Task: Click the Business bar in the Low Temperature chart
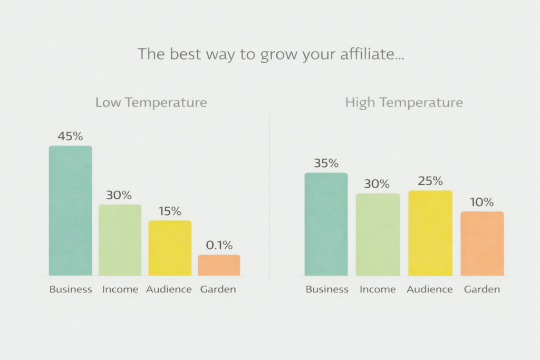pyautogui.click(x=71, y=211)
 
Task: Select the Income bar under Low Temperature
pyautogui.click(x=120, y=240)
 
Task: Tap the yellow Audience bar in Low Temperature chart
pyautogui.click(x=170, y=248)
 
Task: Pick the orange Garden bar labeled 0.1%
pyautogui.click(x=219, y=265)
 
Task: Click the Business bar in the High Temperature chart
pyautogui.click(x=326, y=224)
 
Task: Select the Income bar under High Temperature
pyautogui.click(x=378, y=235)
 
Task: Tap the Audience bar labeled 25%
pyautogui.click(x=430, y=233)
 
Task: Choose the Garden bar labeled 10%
pyautogui.click(x=482, y=244)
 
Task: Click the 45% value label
pyautogui.click(x=70, y=137)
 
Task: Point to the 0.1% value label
pyautogui.click(x=219, y=245)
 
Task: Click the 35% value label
pyautogui.click(x=326, y=163)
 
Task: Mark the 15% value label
pyautogui.click(x=170, y=211)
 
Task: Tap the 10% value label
pyautogui.click(x=482, y=202)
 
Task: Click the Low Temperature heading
pyautogui.click(x=151, y=102)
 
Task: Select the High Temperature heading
pyautogui.click(x=404, y=102)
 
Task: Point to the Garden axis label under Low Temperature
pyautogui.click(x=218, y=289)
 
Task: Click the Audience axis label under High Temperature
pyautogui.click(x=430, y=289)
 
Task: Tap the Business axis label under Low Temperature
pyautogui.click(x=71, y=289)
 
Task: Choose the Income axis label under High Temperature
pyautogui.click(x=378, y=289)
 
